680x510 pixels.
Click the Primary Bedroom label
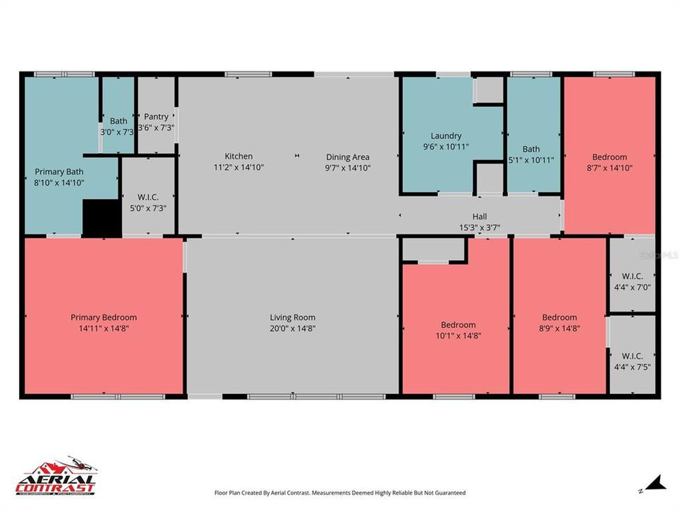(x=103, y=317)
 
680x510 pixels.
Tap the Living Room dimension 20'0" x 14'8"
(x=292, y=329)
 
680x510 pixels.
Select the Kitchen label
(x=239, y=157)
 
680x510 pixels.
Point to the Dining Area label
(x=347, y=157)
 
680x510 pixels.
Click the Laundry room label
(x=446, y=136)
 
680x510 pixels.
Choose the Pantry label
(x=157, y=117)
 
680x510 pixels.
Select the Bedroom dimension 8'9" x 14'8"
(x=559, y=329)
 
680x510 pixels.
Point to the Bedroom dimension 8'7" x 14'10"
(x=609, y=169)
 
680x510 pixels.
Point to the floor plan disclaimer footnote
(x=340, y=492)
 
